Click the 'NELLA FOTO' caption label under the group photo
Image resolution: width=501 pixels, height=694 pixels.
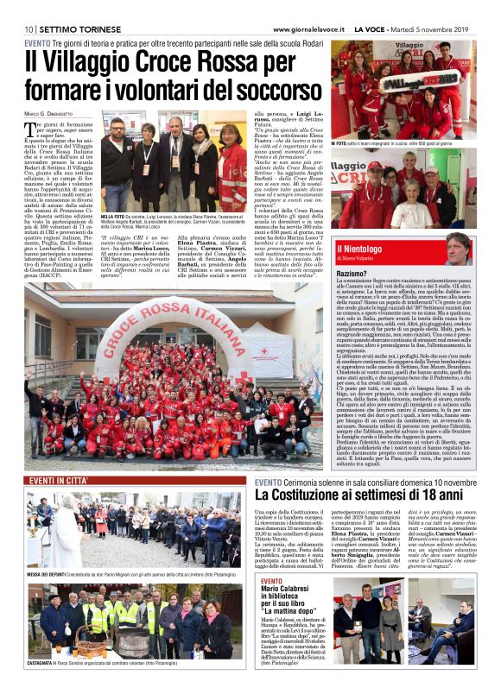tap(113, 217)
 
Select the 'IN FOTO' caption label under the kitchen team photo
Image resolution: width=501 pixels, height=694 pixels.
tap(342, 142)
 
